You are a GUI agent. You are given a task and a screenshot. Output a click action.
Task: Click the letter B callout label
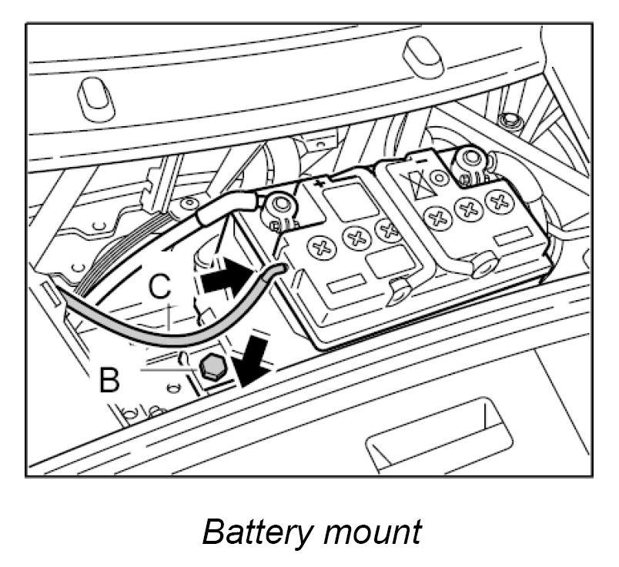pyautogui.click(x=110, y=380)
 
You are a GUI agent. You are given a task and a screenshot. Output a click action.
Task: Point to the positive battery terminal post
pyautogui.click(x=279, y=206)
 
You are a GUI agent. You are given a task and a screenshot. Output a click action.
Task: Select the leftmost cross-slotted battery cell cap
pyautogui.click(x=318, y=248)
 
